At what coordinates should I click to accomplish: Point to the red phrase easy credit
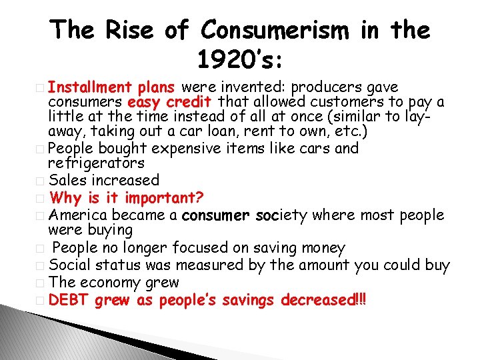pyautogui.click(x=169, y=103)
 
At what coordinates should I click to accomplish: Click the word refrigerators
pyautogui.click(x=96, y=163)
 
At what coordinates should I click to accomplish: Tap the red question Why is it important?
pyautogui.click(x=127, y=197)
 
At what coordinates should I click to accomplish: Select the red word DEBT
pyautogui.click(x=69, y=300)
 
